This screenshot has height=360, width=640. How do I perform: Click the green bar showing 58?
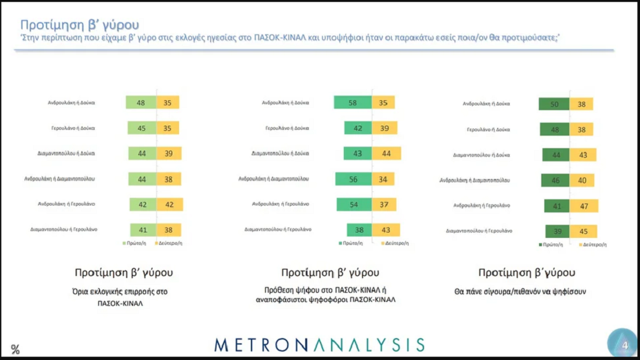(352, 102)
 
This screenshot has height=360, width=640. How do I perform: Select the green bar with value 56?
(353, 178)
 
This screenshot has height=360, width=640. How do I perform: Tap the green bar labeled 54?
(354, 204)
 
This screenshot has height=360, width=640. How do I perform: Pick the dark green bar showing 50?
(554, 103)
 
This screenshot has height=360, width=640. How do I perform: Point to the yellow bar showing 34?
(382, 178)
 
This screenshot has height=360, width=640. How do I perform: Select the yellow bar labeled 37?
(384, 204)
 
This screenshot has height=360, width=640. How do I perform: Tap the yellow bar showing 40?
(582, 180)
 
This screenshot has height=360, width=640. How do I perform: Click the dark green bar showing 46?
(555, 180)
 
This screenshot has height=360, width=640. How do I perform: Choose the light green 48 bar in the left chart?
(140, 102)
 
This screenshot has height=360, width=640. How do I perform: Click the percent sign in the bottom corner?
(16, 350)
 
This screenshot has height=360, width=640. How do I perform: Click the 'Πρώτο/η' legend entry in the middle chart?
(349, 243)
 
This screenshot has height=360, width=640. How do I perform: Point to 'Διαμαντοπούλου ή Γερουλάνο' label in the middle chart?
(278, 229)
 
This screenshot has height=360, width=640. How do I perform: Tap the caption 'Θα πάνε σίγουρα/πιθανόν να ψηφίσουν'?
(520, 291)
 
